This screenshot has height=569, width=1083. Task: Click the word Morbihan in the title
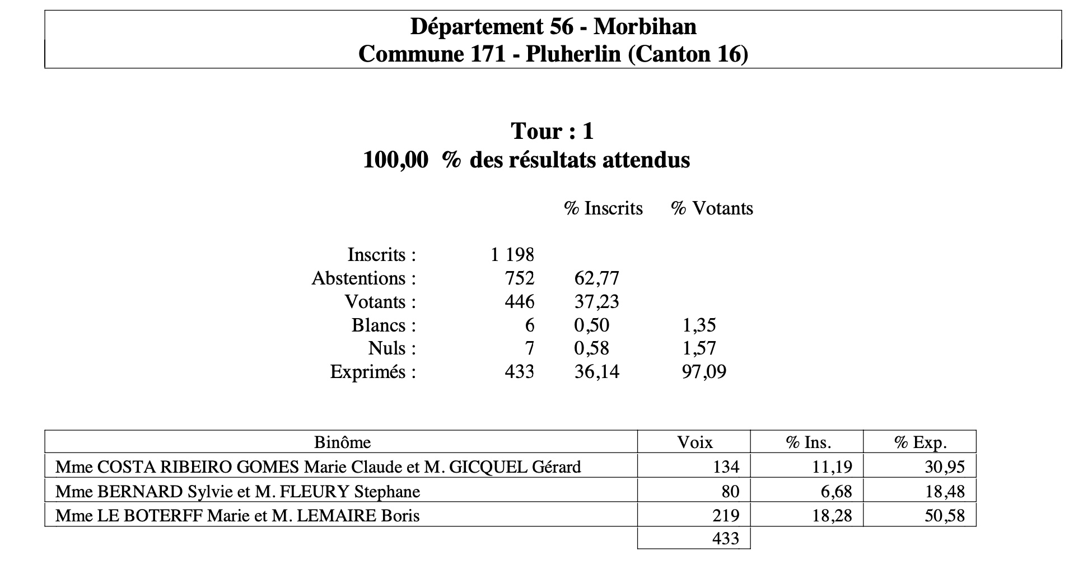645,26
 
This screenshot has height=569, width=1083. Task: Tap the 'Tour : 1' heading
552,131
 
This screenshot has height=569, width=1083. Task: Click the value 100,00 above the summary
395,160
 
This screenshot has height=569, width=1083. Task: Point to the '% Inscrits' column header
603,208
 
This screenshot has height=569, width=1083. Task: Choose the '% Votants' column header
712,208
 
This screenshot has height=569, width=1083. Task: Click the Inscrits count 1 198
512,255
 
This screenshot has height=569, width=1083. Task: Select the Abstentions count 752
520,278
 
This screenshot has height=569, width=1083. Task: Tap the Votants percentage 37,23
596,302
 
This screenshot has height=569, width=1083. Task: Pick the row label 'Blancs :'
384,325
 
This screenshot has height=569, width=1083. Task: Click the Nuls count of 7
529,348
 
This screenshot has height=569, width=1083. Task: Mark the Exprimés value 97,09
703,372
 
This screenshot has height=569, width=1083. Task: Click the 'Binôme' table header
342,442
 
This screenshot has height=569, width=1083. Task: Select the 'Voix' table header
694,442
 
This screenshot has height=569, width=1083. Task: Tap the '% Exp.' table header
920,442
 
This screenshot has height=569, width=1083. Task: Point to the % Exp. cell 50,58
944,515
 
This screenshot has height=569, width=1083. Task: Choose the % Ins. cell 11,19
832,467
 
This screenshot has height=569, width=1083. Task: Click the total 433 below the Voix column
725,539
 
